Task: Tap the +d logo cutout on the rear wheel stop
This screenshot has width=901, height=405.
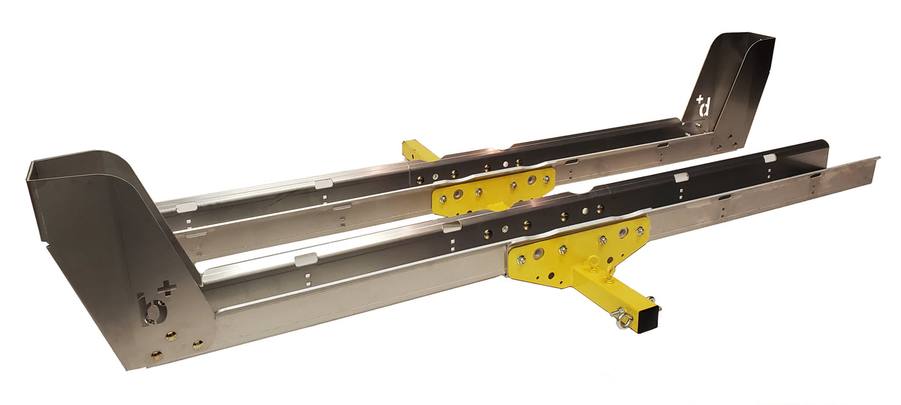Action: click(702, 106)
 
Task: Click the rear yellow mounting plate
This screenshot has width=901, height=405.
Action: click(492, 190)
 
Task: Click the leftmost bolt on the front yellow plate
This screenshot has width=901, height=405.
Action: click(520, 259)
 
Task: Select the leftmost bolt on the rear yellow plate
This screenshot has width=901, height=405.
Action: click(442, 198)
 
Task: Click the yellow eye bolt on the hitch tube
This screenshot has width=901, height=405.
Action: click(590, 262)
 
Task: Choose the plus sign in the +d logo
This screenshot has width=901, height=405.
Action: click(699, 98)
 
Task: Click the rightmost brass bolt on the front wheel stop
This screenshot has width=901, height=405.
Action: click(197, 344)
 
